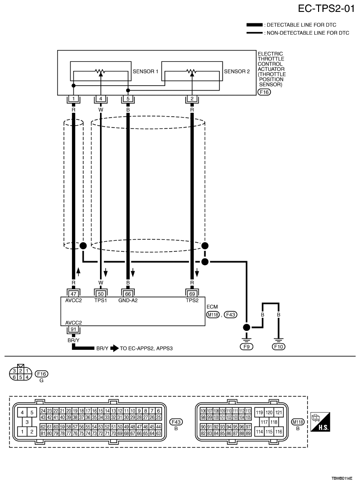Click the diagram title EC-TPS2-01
[326, 9]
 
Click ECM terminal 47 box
[73, 294]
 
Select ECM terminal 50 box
[100, 294]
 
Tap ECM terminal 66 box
[128, 294]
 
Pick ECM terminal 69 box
[192, 294]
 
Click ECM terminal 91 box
[73, 329]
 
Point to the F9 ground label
[246, 346]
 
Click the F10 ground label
[279, 346]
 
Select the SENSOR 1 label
[145, 71]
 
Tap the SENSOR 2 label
[237, 71]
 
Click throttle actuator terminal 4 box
[100, 99]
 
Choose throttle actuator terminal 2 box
[192, 99]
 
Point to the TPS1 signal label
[100, 300]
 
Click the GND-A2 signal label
[128, 300]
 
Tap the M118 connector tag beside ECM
[212, 315]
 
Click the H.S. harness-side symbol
[320, 421]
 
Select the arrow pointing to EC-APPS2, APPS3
[114, 348]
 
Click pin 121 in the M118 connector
[279, 413]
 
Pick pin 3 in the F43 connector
[27, 422]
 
